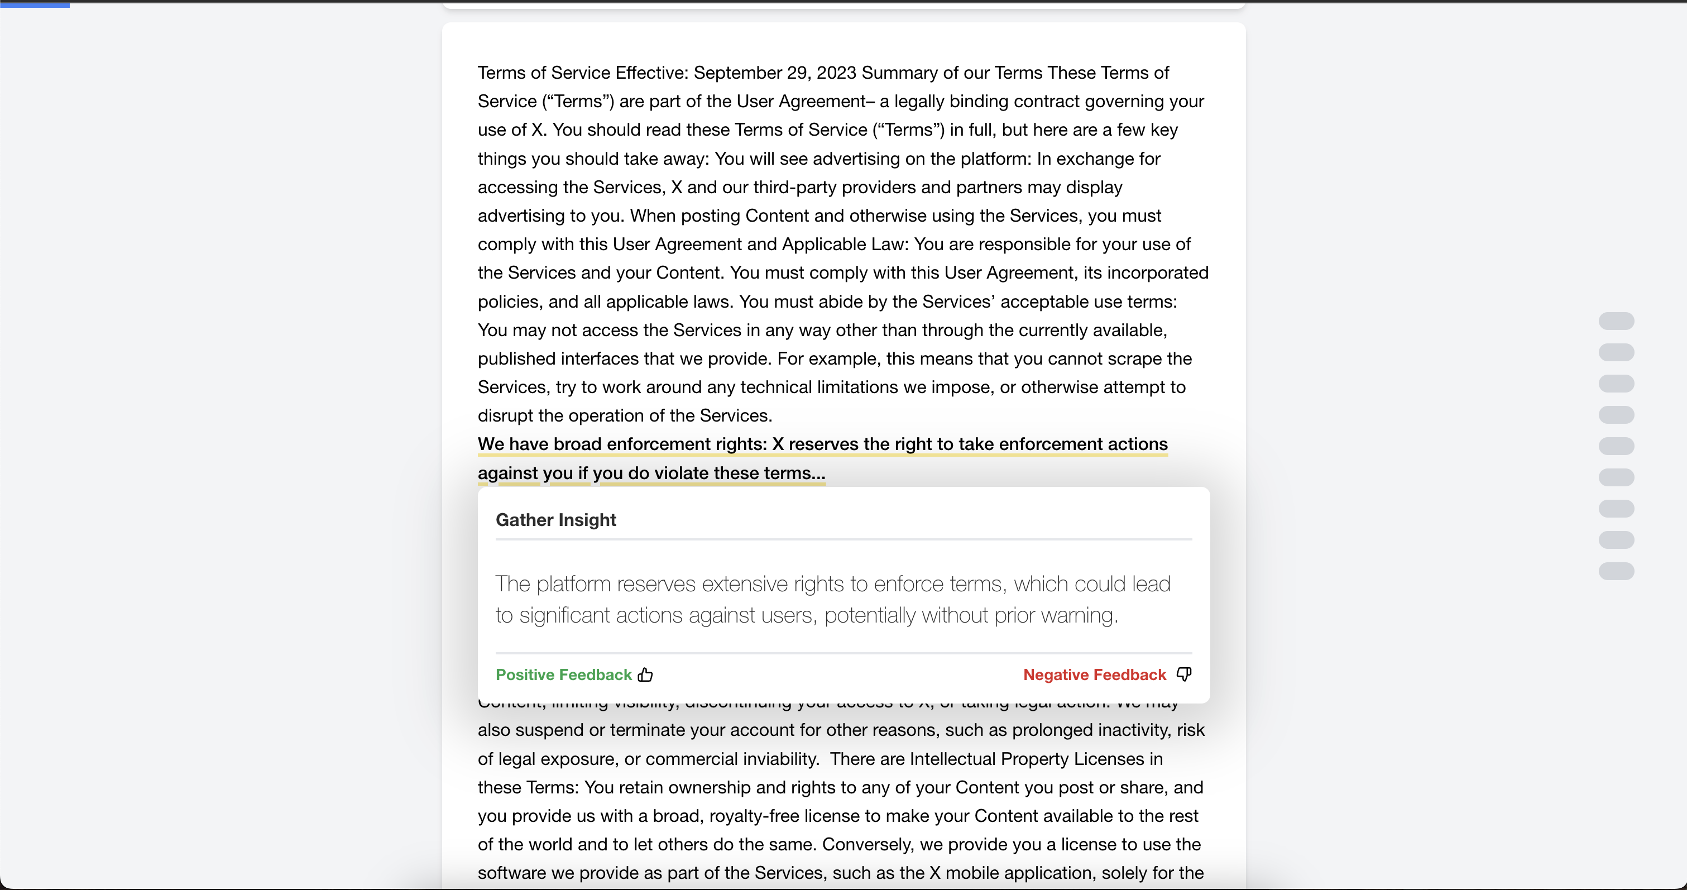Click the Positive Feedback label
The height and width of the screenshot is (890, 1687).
pos(563,674)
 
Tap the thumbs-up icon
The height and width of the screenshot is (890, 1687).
pos(646,674)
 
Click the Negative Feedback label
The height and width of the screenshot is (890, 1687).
pos(1094,674)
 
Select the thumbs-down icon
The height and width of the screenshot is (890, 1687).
pos(1184,674)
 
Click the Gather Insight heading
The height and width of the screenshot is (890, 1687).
pos(555,520)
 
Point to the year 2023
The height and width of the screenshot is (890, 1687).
pos(836,73)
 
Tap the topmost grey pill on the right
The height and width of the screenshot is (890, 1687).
pos(1616,321)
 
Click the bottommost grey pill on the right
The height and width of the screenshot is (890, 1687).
pos(1616,571)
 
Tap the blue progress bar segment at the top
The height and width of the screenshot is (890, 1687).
pos(35,4)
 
